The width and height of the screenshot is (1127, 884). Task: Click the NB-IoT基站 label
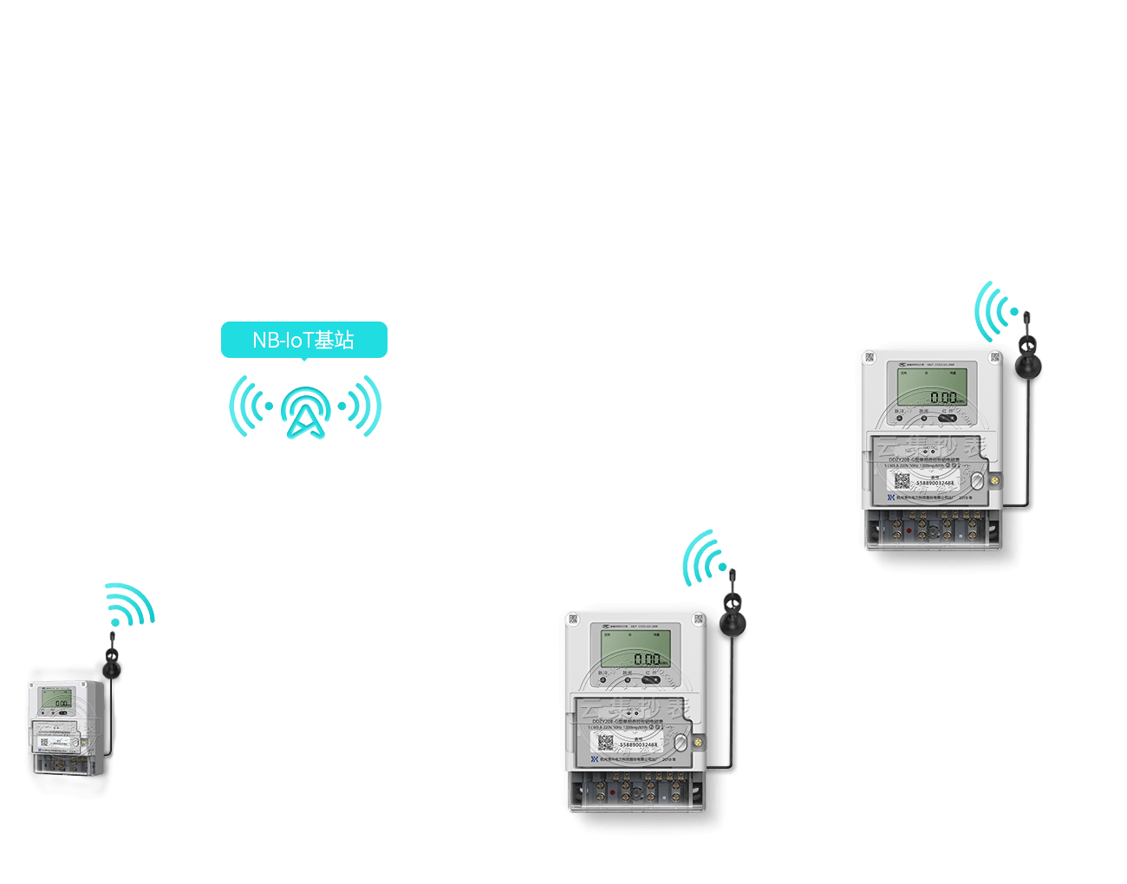[x=303, y=340]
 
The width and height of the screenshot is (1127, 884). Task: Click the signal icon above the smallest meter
[x=129, y=604]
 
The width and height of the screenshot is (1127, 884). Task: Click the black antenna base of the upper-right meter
[x=1028, y=364]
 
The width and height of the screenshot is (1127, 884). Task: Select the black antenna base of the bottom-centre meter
[x=733, y=622]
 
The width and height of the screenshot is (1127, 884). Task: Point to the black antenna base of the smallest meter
[x=113, y=668]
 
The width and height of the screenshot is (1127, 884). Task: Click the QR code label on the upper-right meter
[x=902, y=481]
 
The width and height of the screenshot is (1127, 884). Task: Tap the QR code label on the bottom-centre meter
[x=605, y=743]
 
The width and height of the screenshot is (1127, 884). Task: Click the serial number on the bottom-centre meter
[x=638, y=744]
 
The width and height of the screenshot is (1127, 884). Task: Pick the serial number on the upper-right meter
[x=935, y=483]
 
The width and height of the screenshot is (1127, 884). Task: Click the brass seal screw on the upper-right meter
[x=995, y=479]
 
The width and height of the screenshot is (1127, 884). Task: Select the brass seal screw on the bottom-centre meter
[x=699, y=741]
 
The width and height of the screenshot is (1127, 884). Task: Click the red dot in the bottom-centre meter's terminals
[x=613, y=791]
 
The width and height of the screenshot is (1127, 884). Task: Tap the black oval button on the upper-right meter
[x=948, y=418]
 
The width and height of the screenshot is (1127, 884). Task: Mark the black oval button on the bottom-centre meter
[x=652, y=679]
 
